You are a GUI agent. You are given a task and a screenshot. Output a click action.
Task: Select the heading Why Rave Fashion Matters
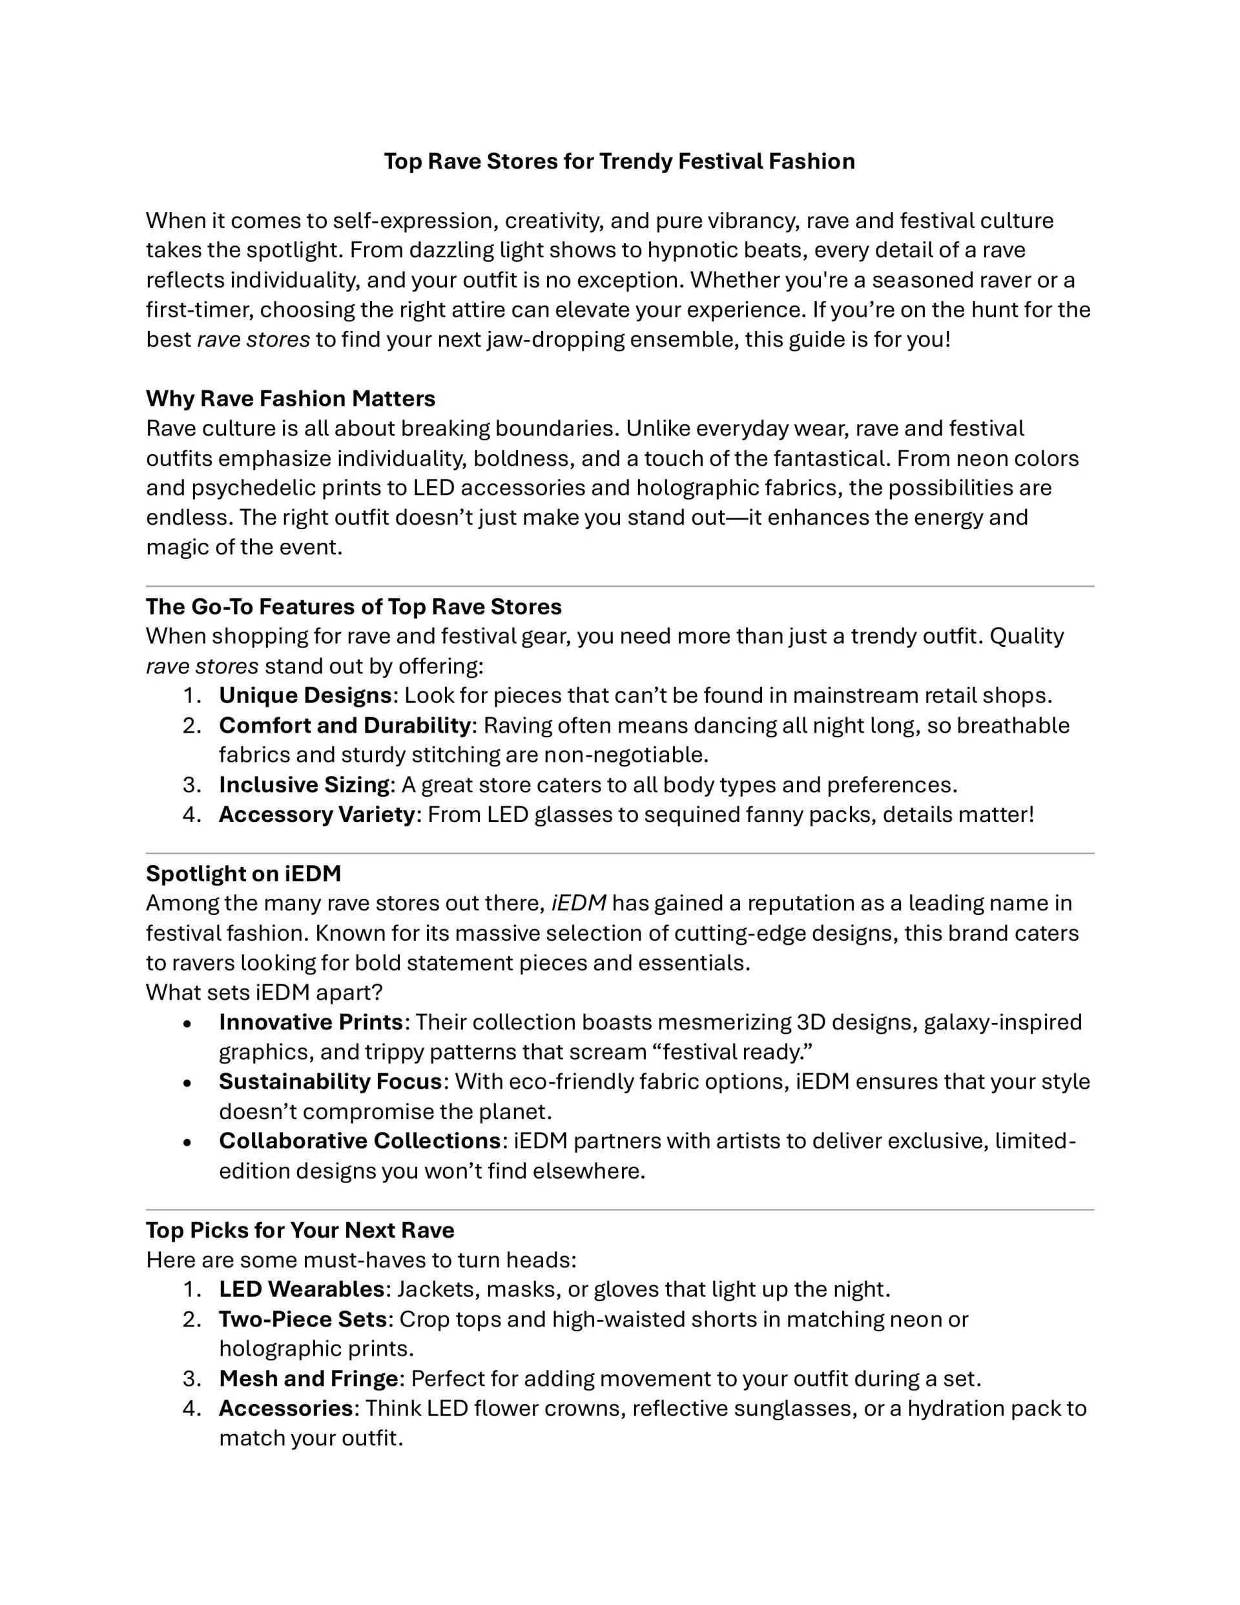coord(290,398)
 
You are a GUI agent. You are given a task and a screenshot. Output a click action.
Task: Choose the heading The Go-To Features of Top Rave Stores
coord(353,606)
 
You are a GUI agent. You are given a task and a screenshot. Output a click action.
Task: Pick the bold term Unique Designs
coord(305,695)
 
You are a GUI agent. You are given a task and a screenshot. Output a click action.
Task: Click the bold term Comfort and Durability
coord(344,726)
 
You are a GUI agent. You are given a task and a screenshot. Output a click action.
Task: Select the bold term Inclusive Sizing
coord(304,785)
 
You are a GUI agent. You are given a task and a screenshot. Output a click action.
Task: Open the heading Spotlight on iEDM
coord(243,873)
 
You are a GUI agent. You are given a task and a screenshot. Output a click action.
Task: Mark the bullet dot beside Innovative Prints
coord(188,1023)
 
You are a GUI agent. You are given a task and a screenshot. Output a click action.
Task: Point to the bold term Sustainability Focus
coord(330,1081)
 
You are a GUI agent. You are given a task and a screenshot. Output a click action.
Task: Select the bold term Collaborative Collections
coord(359,1140)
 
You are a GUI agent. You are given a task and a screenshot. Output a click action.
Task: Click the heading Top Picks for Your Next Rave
coord(300,1230)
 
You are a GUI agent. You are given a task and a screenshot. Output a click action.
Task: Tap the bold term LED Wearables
coord(301,1289)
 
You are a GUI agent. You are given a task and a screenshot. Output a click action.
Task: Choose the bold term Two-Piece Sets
coord(303,1319)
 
